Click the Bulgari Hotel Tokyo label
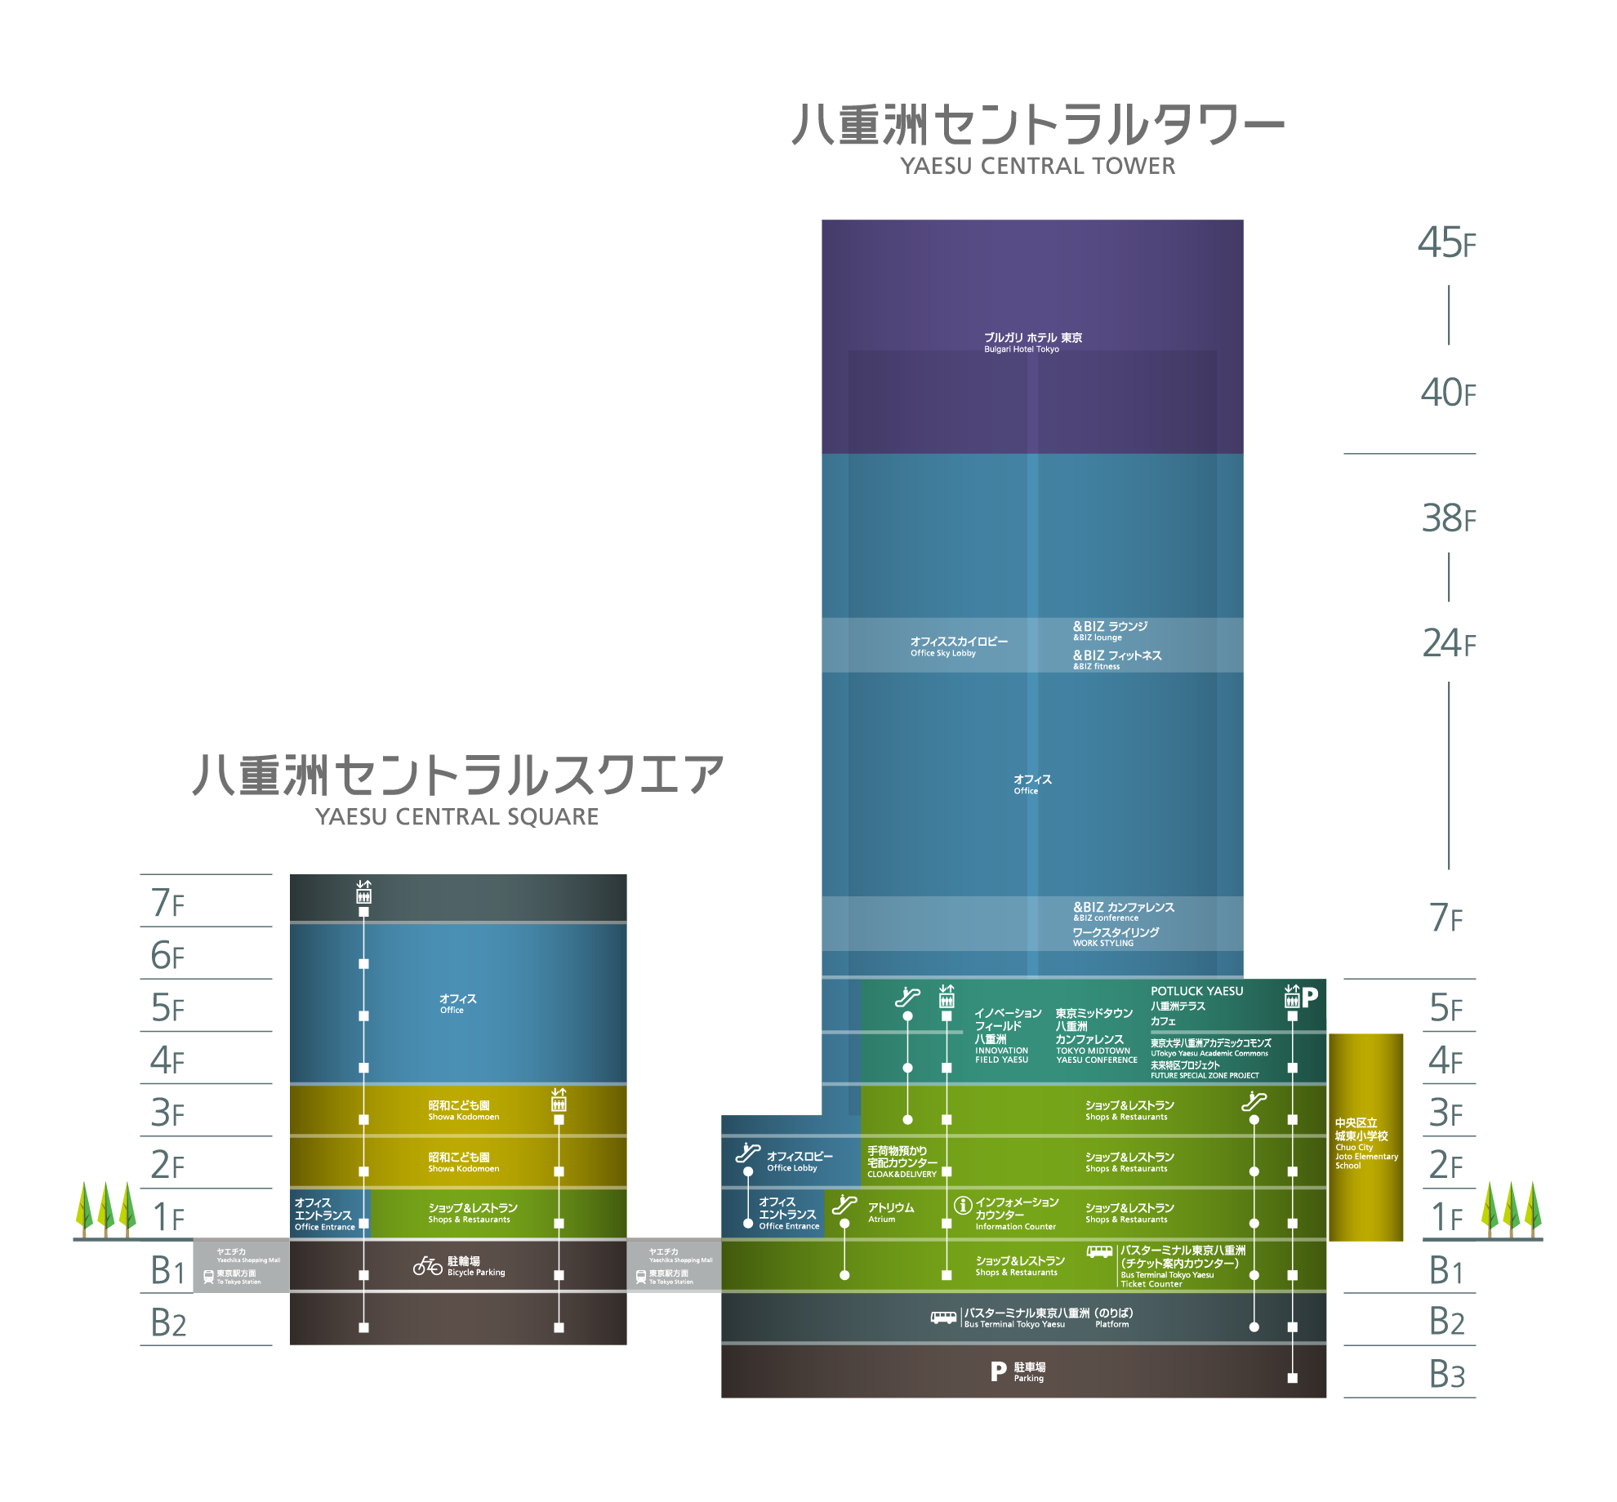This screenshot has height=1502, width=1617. point(1032,342)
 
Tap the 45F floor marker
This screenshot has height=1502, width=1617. point(1446,242)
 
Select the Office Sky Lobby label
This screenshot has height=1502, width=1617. point(958,647)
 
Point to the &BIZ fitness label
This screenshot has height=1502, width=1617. point(1116,660)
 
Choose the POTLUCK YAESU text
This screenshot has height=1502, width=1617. point(1196,991)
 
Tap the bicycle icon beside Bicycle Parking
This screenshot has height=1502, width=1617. point(427,1265)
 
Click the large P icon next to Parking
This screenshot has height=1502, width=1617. point(998,1371)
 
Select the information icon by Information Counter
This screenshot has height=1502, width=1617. point(963,1205)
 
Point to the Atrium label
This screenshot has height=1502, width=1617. point(890,1212)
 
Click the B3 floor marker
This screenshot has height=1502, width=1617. point(1446,1375)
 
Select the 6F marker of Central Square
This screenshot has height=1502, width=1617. point(167,955)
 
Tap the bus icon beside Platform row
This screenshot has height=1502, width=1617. point(943,1317)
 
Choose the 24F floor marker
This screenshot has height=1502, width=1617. point(1449,643)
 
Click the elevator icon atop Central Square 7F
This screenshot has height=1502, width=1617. point(363,891)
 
